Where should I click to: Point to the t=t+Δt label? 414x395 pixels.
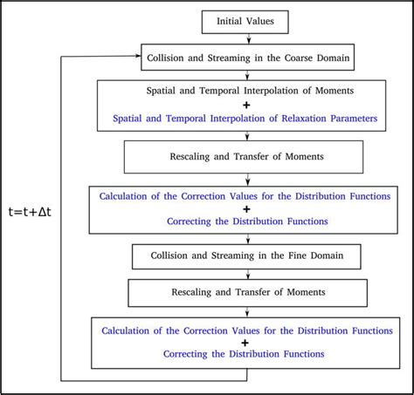(x=31, y=211)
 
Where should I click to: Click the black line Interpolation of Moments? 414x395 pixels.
(x=251, y=91)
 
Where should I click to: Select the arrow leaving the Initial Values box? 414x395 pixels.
(x=251, y=37)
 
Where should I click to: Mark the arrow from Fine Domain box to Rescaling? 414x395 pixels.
(x=251, y=274)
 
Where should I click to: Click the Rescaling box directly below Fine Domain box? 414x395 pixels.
(x=251, y=292)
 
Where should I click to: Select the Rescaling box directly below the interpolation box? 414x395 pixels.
(x=251, y=157)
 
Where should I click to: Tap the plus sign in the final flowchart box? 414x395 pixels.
(x=251, y=342)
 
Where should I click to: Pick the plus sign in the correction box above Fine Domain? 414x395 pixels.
(x=251, y=209)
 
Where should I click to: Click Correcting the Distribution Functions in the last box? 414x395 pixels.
(x=251, y=354)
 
